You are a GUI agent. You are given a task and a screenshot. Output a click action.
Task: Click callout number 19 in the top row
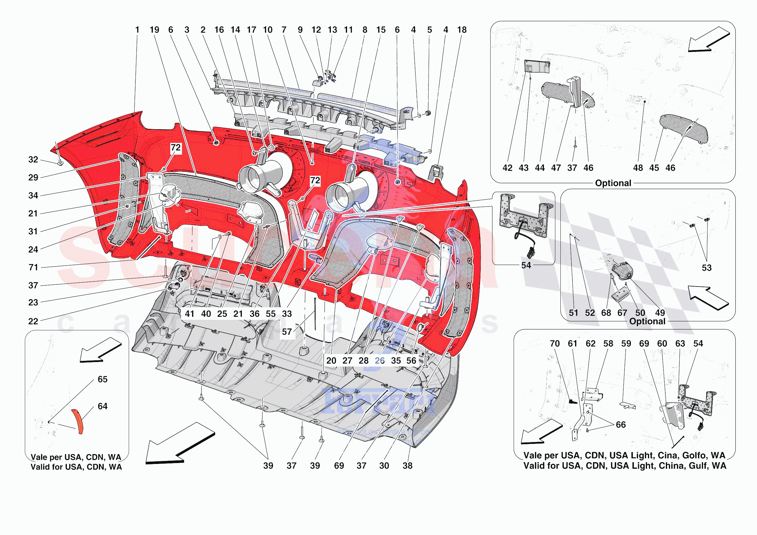pos(154,30)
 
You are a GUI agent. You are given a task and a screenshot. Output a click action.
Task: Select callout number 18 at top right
pos(462,30)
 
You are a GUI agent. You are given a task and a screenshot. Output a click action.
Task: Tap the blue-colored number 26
pos(379,361)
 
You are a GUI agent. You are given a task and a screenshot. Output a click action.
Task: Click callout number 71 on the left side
pos(33,267)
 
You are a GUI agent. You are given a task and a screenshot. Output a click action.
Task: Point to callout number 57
pos(286,332)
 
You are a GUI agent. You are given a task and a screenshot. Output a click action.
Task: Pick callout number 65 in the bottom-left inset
pos(102,379)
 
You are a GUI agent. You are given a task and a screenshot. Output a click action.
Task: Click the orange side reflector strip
pos(78,421)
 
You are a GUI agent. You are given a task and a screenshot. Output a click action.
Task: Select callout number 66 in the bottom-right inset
pos(621,425)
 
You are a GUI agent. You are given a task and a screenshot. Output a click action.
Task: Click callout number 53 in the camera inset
pos(707,268)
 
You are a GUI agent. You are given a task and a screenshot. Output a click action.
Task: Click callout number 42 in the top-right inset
pos(507,168)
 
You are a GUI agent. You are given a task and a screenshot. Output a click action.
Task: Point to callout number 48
pos(638,168)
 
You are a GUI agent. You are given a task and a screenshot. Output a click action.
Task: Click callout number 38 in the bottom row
pos(408,466)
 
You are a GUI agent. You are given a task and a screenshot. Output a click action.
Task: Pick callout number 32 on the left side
pos(33,160)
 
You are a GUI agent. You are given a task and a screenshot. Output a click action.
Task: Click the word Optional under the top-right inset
pos(613,183)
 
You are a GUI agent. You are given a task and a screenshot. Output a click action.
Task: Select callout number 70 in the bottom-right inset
pos(554,344)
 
